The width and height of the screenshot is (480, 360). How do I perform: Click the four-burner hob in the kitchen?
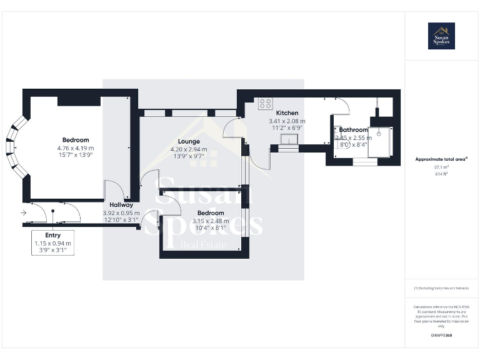[x=265, y=104]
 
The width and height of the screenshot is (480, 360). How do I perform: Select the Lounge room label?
[x=189, y=142]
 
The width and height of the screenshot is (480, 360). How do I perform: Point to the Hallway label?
[x=121, y=205]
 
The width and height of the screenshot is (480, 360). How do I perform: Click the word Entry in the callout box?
[x=52, y=235]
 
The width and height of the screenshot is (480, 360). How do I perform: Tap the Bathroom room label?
[x=354, y=130]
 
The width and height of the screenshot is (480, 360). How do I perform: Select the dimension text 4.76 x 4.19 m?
[x=75, y=147]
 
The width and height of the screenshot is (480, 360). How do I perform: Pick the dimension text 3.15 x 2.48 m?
[x=209, y=221]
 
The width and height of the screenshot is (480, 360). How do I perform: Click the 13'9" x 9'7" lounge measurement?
[x=189, y=157]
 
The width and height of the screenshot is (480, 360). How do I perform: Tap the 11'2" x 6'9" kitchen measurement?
[x=287, y=128]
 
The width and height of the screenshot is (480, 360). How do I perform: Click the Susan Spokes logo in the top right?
[x=441, y=36]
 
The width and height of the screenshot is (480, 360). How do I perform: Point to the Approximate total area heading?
[x=441, y=159]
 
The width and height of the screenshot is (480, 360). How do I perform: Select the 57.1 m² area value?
[x=441, y=167]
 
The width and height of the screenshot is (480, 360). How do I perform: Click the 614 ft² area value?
[x=441, y=174]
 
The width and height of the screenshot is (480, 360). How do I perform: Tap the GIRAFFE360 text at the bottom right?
[x=441, y=336]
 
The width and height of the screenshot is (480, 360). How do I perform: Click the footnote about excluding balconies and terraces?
[x=441, y=288]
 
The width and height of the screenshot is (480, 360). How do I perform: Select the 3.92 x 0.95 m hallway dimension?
[x=121, y=212]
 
